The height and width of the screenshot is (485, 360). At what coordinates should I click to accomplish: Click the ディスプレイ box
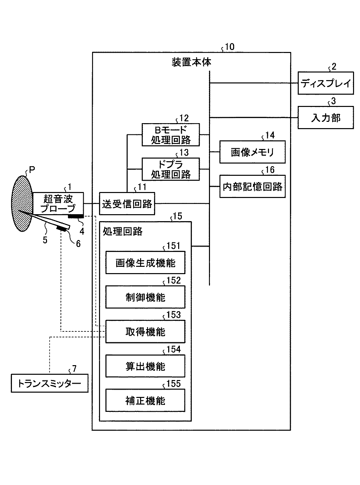point(326,83)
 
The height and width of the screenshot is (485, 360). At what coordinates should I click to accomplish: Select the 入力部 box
point(326,118)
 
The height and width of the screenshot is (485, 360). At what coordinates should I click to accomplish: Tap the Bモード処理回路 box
point(171,135)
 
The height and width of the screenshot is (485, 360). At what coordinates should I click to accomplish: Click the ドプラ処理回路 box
point(171,169)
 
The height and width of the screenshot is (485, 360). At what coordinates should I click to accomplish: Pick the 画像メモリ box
point(252,152)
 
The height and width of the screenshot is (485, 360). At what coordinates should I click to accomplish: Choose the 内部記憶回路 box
point(252,186)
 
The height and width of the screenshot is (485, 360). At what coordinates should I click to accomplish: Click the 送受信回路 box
point(127,204)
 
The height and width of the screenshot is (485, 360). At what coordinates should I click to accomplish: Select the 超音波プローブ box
point(58,204)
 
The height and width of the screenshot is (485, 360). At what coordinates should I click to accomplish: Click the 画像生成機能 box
point(145,263)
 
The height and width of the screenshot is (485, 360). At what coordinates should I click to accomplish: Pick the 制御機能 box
point(145,297)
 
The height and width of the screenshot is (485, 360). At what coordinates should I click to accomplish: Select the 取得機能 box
point(145,331)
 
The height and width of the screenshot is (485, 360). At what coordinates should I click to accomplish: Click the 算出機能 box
point(145,366)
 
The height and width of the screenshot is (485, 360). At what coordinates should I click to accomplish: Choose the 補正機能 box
point(145,400)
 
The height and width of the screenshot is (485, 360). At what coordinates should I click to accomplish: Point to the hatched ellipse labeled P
point(22,204)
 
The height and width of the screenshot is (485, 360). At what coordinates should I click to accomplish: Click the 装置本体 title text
point(191,62)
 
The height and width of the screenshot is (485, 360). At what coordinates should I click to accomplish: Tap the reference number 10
point(230,47)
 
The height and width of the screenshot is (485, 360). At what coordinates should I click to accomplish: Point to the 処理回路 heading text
point(123,231)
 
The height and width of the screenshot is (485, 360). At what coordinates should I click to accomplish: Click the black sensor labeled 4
point(76,217)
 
